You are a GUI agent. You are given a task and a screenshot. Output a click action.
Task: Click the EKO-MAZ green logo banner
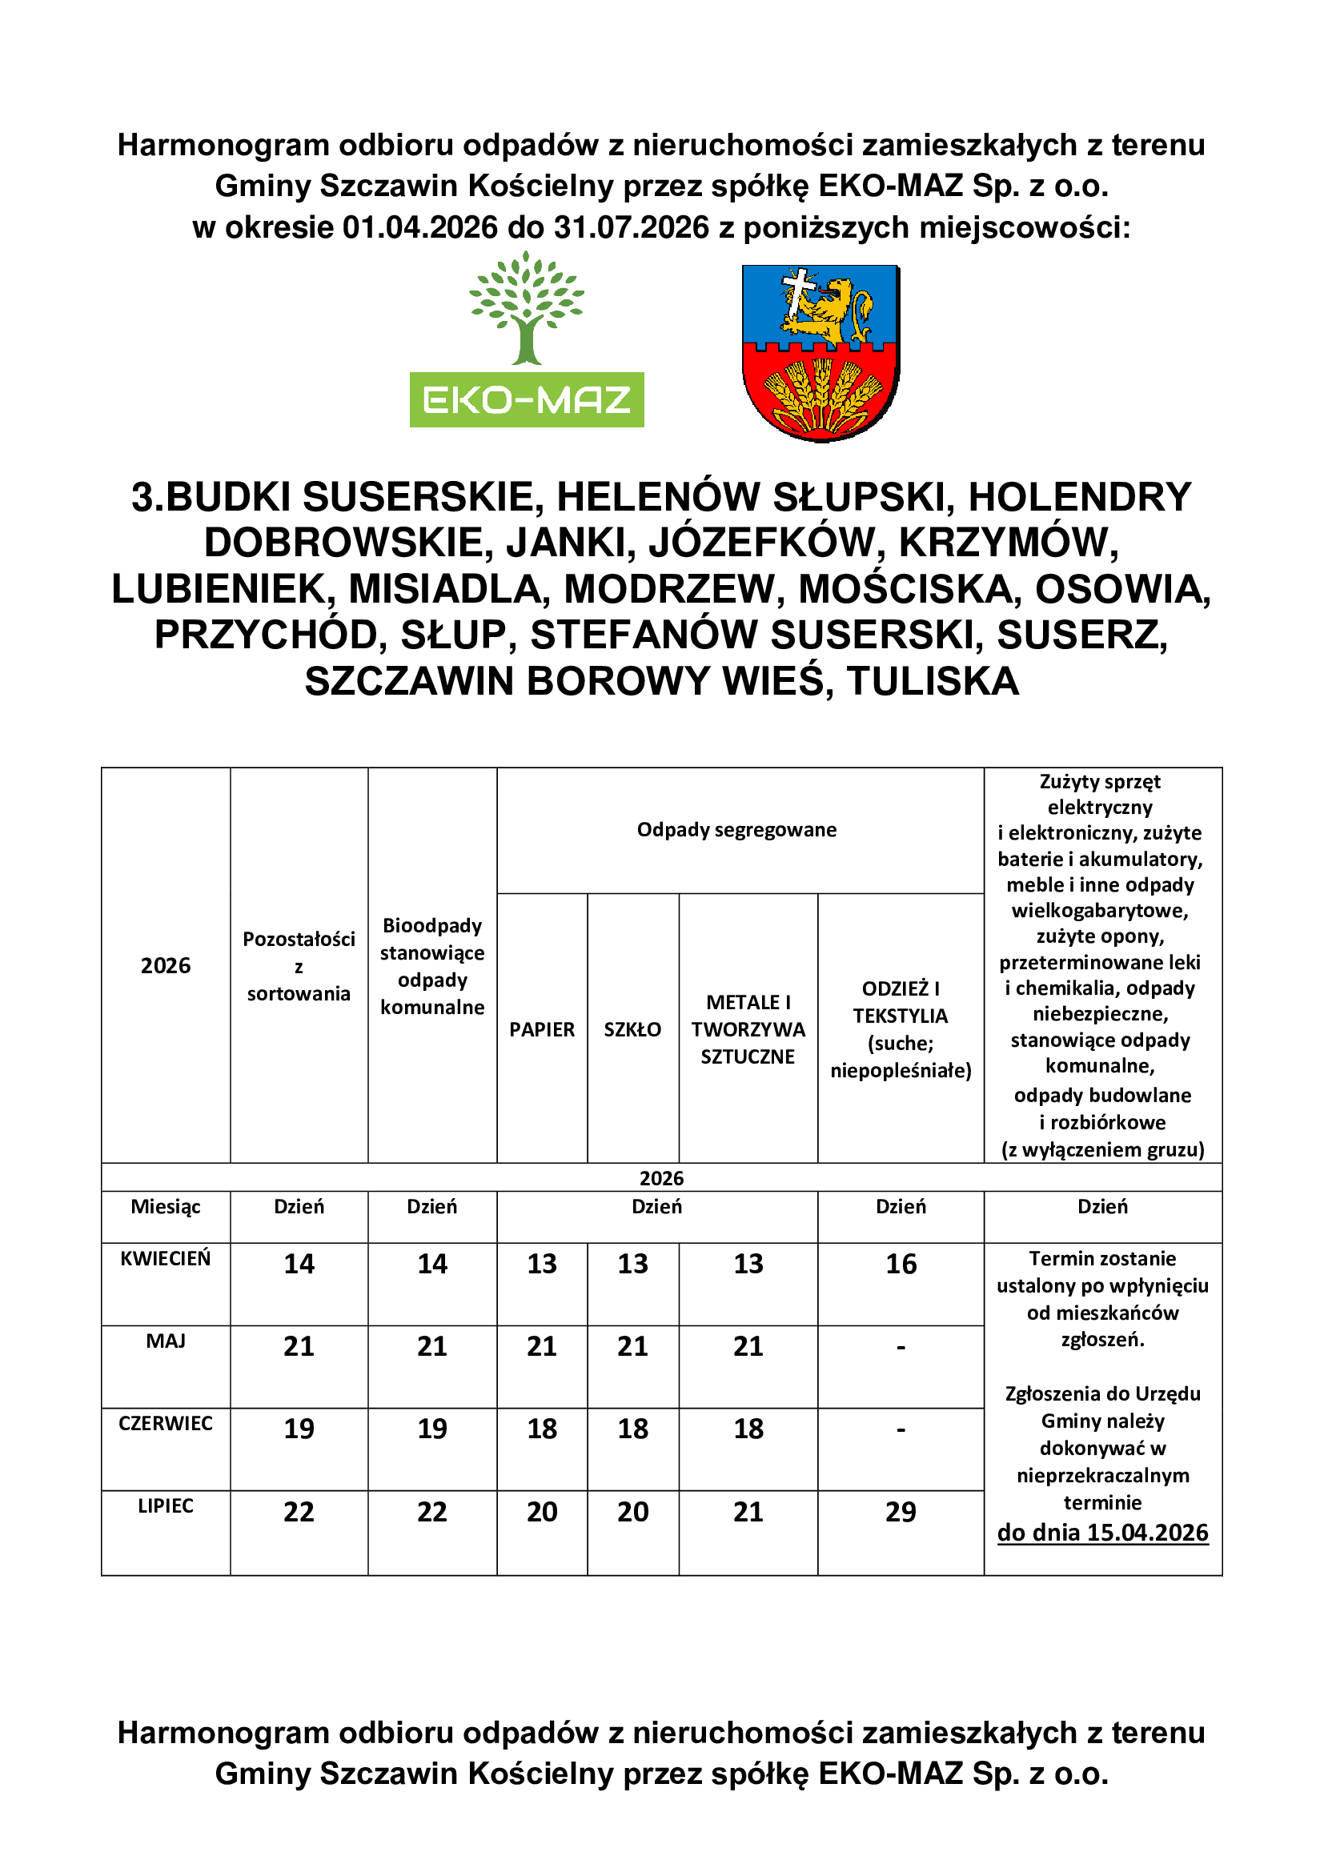(527, 399)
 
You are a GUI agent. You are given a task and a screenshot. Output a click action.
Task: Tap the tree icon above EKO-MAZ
(527, 308)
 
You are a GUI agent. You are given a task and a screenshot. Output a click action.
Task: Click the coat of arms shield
(820, 352)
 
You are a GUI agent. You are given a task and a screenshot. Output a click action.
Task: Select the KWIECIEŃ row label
(166, 1259)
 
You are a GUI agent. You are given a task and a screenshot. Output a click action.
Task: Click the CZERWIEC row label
(166, 1424)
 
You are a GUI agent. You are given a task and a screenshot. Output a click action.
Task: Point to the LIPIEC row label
(166, 1506)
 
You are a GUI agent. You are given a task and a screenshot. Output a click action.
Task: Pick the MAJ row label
(166, 1341)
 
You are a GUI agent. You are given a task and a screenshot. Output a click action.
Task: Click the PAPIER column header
(542, 1030)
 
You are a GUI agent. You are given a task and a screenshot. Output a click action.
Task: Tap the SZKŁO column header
(632, 1030)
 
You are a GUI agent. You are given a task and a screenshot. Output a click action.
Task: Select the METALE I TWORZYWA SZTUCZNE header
(748, 1029)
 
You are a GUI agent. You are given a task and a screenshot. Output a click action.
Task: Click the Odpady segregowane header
(737, 830)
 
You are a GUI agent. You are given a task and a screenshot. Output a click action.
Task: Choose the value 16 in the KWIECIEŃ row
(901, 1264)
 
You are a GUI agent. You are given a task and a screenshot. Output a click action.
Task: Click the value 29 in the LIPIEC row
(901, 1512)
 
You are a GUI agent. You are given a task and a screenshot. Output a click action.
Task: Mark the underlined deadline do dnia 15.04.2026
(1103, 1533)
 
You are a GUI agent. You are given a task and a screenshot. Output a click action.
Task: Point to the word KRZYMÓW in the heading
(1008, 543)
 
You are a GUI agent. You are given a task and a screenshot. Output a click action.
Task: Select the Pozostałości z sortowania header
(299, 966)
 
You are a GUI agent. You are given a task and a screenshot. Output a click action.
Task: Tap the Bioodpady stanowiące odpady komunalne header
(432, 966)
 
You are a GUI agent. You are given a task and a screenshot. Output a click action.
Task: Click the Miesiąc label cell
(166, 1207)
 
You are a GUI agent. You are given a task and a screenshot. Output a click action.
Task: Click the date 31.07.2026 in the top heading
(632, 227)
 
